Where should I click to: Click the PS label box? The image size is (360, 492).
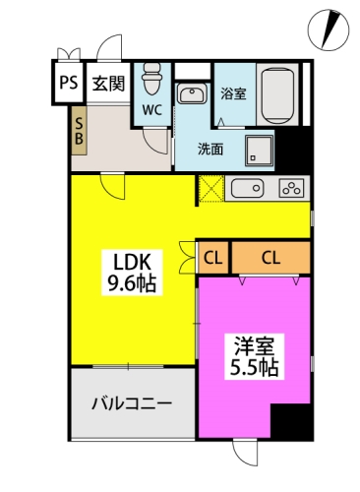(69, 83)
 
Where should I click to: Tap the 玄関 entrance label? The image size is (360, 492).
(108, 84)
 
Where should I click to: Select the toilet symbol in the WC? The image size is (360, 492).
(151, 79)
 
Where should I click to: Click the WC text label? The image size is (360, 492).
(151, 110)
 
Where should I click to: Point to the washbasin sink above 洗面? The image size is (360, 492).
(193, 93)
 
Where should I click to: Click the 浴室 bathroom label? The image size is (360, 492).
(233, 94)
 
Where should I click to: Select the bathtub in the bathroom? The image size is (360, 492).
(277, 95)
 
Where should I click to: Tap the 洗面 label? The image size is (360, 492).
(210, 150)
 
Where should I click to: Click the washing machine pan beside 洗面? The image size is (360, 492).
(259, 151)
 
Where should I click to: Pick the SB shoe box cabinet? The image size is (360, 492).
(79, 131)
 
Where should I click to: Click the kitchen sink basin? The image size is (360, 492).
(247, 189)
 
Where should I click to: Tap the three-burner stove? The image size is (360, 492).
(291, 189)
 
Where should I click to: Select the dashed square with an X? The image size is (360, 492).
(211, 189)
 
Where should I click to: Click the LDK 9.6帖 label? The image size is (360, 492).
(132, 273)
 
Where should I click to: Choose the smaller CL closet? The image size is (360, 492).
(213, 258)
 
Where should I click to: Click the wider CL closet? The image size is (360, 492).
(270, 258)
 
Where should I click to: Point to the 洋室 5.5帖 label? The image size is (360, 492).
(255, 357)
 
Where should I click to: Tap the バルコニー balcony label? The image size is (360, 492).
(132, 403)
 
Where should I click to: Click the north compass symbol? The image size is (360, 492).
(329, 31)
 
